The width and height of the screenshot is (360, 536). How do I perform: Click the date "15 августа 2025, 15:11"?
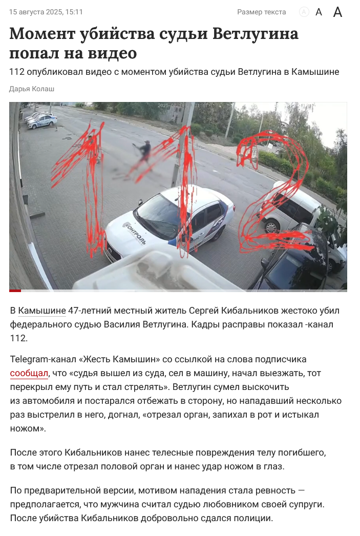[x=46, y=12]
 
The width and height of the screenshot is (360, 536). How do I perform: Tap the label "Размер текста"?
[x=261, y=12]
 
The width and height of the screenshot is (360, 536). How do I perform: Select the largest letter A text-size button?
[x=337, y=12]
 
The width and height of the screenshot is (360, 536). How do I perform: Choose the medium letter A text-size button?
[x=319, y=12]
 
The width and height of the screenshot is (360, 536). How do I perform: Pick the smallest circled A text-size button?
[x=304, y=12]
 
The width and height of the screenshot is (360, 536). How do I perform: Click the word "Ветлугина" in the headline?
[x=256, y=33]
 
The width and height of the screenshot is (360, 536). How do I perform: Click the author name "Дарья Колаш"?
[x=32, y=89]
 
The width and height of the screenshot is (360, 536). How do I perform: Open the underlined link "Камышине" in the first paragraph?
[x=41, y=311]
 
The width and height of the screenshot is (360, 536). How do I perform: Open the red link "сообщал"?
[x=29, y=373]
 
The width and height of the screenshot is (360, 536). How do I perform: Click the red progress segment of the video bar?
[x=15, y=291]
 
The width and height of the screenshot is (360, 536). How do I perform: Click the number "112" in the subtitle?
[x=17, y=72]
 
